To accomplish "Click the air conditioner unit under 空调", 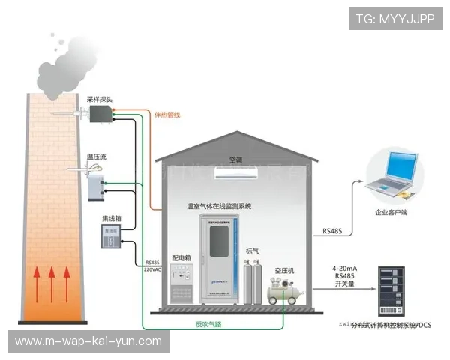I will (x=237, y=173).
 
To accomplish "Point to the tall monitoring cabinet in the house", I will (x=219, y=256).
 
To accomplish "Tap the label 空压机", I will (x=284, y=269).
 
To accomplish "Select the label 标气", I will (x=253, y=250).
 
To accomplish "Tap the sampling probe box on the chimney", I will (x=100, y=114).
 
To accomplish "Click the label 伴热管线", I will (x=167, y=115).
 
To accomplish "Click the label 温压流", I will (x=97, y=156).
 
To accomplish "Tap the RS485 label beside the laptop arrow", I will (x=332, y=231).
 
